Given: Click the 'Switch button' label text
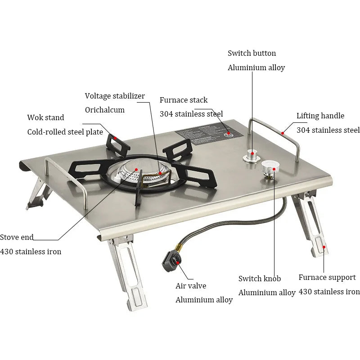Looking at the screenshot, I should [252, 53].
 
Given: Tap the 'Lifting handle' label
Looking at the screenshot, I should [320, 116].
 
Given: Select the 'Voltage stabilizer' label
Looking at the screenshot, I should [115, 96].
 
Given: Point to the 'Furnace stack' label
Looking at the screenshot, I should [184, 100].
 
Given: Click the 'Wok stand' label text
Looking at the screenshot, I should [45, 117].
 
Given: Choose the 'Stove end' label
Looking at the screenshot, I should [17, 237].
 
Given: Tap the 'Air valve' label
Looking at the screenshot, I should [191, 286].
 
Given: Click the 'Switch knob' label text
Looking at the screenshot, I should [259, 279].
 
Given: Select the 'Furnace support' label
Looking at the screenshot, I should [327, 277].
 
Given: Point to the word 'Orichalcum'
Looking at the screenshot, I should [105, 110].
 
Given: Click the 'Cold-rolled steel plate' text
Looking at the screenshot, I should [65, 132].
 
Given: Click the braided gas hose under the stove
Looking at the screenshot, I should [225, 229].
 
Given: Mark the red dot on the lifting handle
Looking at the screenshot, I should [283, 133].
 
